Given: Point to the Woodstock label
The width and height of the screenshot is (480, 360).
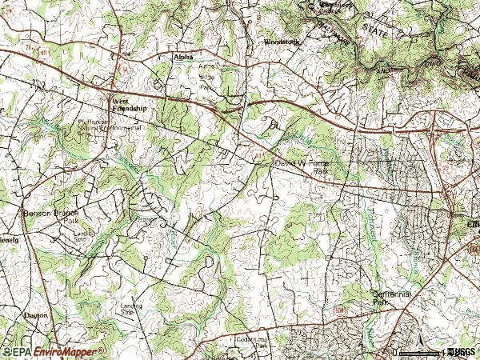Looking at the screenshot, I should pyautogui.click(x=280, y=41).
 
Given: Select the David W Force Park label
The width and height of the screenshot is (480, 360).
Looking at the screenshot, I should pyautogui.click(x=302, y=166).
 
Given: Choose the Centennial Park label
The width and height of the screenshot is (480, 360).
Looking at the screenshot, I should pyautogui.click(x=391, y=298).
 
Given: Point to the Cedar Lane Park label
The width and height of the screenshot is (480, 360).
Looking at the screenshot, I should pyautogui.click(x=250, y=342).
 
